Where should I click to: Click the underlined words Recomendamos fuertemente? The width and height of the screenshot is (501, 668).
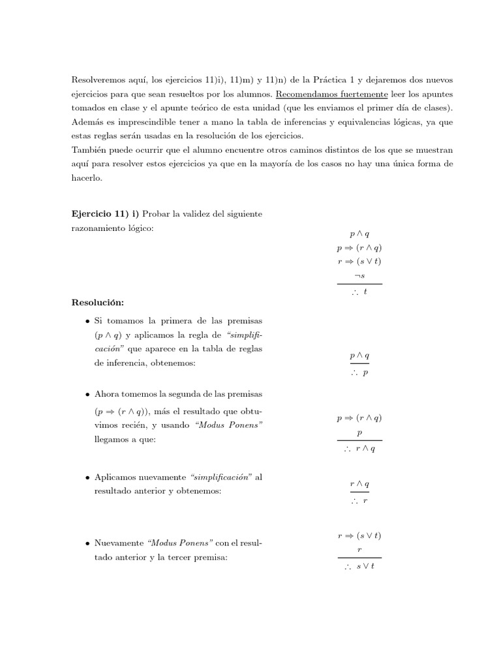pyautogui.click(x=319, y=93)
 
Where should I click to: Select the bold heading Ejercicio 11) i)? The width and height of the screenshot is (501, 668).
pyautogui.click(x=105, y=214)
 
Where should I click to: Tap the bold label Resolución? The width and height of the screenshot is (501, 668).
pyautogui.click(x=99, y=303)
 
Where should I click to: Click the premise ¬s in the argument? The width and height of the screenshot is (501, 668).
pyautogui.click(x=359, y=276)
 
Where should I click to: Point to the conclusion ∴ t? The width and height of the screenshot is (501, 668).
pyautogui.click(x=359, y=293)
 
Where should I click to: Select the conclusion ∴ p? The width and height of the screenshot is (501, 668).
pyautogui.click(x=359, y=372)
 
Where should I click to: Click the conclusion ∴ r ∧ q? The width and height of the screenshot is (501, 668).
pyautogui.click(x=359, y=449)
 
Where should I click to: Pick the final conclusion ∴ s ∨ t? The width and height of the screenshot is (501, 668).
pyautogui.click(x=359, y=567)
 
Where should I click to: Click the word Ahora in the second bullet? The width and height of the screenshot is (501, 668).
pyautogui.click(x=108, y=395)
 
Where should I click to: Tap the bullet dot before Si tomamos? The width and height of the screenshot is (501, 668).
pyautogui.click(x=87, y=322)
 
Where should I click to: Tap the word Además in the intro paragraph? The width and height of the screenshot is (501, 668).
pyautogui.click(x=87, y=122)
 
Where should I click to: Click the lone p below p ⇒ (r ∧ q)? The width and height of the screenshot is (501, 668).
pyautogui.click(x=359, y=433)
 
